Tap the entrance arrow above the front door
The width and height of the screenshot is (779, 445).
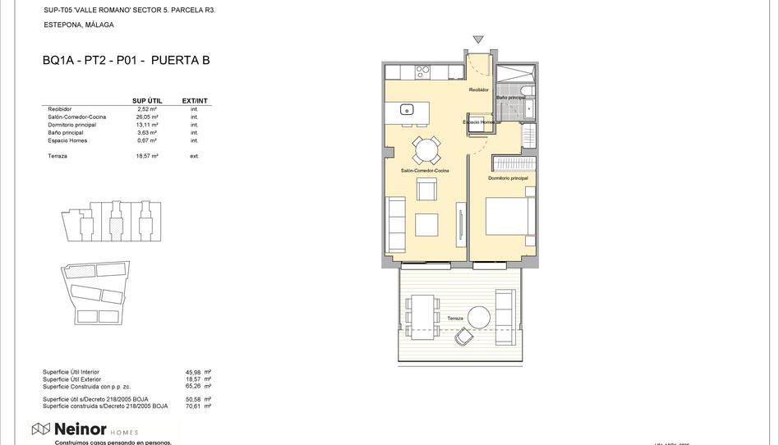tap(478, 39)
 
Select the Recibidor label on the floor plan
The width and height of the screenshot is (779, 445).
tap(478, 89)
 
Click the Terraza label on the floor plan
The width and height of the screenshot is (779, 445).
tap(455, 319)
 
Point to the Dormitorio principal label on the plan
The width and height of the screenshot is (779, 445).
tap(508, 178)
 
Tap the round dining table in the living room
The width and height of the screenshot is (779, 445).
tap(426, 150)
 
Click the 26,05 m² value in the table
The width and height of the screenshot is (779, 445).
tap(147, 117)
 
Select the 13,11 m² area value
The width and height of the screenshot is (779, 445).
tap(147, 125)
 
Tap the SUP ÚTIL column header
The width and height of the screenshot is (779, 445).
tap(147, 101)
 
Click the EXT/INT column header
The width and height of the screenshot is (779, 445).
tap(195, 101)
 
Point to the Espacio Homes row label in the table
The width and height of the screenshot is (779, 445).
tap(67, 140)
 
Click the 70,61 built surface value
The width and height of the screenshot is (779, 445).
tap(193, 406)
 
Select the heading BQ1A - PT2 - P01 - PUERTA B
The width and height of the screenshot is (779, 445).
tap(126, 60)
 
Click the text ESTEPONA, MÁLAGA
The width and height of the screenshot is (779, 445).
tap(79, 25)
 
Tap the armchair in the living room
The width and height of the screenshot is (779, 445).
tap(426, 189)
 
